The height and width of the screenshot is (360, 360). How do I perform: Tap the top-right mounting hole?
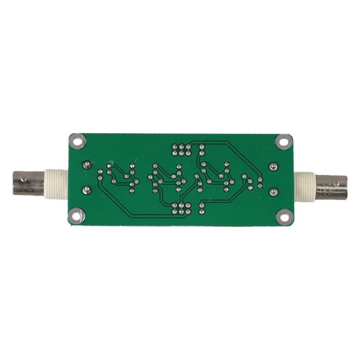[x=283, y=141]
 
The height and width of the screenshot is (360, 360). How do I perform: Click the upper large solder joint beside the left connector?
[x=86, y=165]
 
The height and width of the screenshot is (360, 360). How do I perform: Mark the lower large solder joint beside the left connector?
[x=86, y=189]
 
